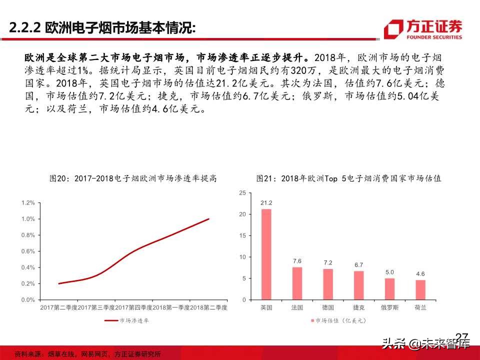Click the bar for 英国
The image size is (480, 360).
[x=266, y=254]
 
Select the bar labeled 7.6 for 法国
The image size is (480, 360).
[x=297, y=283]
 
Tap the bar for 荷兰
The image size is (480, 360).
[x=420, y=289]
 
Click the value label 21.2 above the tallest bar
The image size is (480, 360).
[x=266, y=203]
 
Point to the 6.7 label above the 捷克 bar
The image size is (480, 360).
[x=358, y=264]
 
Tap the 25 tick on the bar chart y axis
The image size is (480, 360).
[x=242, y=192]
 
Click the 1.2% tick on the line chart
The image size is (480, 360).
[x=28, y=202]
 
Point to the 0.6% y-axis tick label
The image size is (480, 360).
[x=28, y=251]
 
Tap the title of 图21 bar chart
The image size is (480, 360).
[x=348, y=178]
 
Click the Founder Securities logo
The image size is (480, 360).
[x=422, y=29]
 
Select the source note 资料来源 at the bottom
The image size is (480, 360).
[x=87, y=354]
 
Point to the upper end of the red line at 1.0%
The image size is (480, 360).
[x=208, y=219]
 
